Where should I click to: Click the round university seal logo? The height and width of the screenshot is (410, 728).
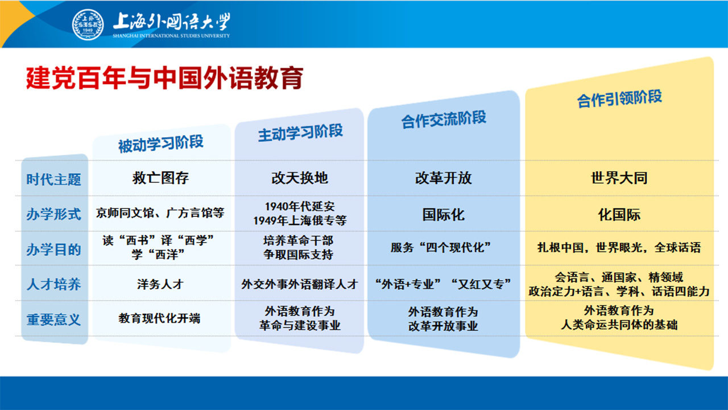pos(88,24)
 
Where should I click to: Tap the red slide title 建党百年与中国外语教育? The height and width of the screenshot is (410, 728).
pos(164,78)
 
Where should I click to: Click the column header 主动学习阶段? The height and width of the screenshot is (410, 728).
pos(300,133)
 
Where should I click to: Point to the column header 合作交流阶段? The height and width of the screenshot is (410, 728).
pos(444,120)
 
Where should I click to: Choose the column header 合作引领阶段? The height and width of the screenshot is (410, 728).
pos(619,99)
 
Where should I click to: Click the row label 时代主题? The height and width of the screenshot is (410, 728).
pos(53,179)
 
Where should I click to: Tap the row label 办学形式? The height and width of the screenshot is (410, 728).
pos(53,215)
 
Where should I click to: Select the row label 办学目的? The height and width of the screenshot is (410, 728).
pos(53,249)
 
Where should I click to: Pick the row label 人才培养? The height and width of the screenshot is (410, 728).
pos(53,284)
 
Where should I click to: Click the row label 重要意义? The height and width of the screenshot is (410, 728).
pos(53,319)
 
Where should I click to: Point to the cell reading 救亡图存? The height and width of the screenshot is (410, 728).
pos(160,178)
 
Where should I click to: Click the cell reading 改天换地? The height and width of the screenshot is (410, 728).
pos(300,178)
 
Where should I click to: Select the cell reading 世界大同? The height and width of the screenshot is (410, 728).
pos(619,178)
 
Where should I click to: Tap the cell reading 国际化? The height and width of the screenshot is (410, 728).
pos(443,215)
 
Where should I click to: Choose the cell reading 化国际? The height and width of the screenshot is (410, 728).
pos(619,215)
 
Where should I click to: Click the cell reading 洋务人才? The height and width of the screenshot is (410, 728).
pos(160,284)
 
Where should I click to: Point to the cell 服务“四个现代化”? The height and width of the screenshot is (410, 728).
pos(441,248)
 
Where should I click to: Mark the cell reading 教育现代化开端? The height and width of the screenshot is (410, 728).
pos(159,318)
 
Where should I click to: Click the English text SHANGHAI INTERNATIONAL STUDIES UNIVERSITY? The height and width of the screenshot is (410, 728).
pos(171,36)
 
